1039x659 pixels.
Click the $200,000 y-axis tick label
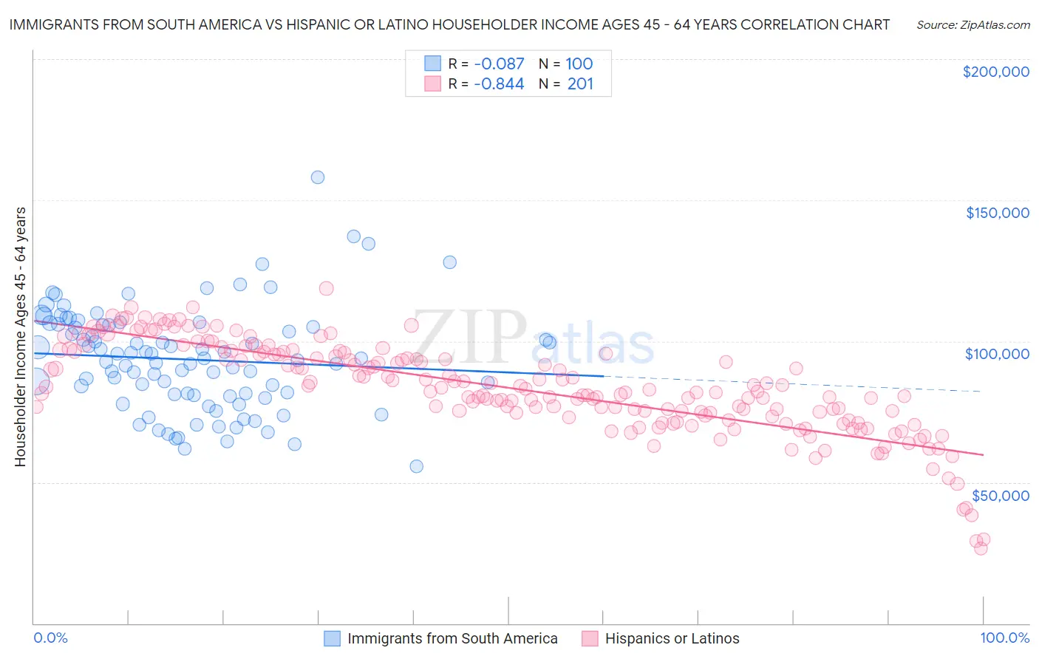point(995,72)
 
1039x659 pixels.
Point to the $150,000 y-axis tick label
point(997,213)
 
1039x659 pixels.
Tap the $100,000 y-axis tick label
point(997,354)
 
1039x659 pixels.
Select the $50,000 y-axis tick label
point(1000,495)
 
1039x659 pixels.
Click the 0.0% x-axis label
point(51,638)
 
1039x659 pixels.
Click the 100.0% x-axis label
point(1004,638)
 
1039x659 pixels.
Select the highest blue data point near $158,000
point(318,177)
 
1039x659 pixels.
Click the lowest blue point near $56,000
point(417,466)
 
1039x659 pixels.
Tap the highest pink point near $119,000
point(326,289)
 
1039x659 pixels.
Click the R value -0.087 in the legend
point(499,64)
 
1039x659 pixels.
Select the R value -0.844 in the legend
point(499,84)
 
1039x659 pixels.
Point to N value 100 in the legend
point(579,64)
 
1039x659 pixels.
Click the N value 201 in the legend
point(580,84)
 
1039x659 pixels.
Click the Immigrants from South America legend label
point(452,638)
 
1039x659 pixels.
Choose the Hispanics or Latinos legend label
point(672,638)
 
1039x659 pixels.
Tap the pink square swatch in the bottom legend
point(590,638)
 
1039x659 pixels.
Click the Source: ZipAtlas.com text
point(972,24)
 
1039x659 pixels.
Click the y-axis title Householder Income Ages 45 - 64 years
point(21,337)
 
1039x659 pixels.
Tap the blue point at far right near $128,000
point(449,262)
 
